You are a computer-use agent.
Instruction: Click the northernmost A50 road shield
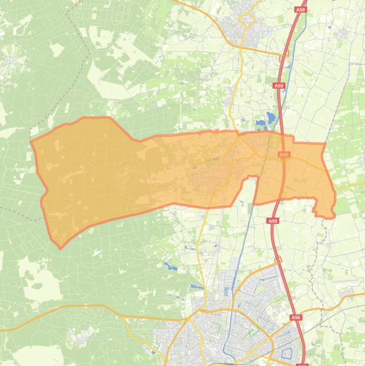click(x=300, y=10)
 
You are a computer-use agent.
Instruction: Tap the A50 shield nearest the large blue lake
click(x=279, y=86)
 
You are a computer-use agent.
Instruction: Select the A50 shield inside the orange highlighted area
click(x=284, y=154)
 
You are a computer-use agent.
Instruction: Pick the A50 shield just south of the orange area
click(x=272, y=221)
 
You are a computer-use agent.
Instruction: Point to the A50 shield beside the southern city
click(x=296, y=317)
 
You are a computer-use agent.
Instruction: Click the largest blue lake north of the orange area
click(x=271, y=117)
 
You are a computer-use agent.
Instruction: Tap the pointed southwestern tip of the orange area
click(x=60, y=248)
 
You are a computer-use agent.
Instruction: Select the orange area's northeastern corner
click(x=325, y=143)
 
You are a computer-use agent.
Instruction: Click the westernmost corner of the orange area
click(x=31, y=142)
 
